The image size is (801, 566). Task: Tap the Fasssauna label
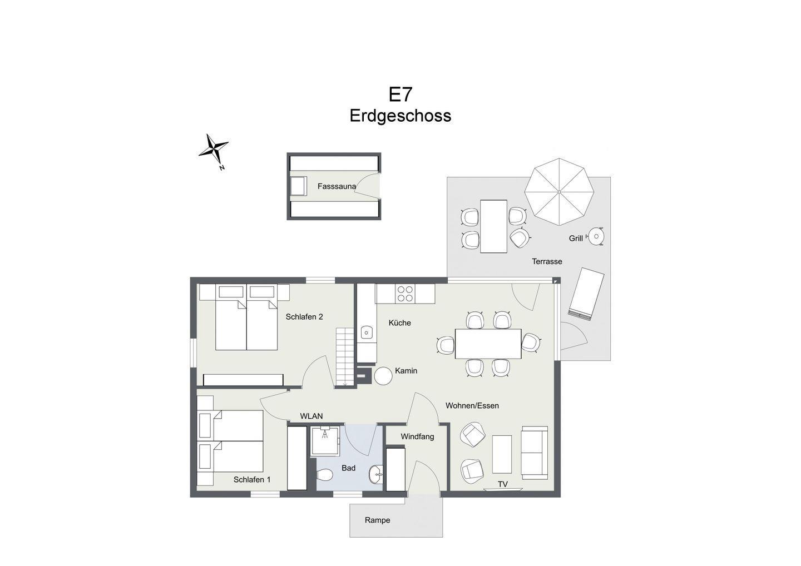point(337,186)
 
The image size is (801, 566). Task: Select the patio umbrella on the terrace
point(559,192)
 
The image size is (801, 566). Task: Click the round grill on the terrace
point(596,236)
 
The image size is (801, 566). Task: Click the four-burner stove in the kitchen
point(405,294)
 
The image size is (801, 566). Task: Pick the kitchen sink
point(366,332)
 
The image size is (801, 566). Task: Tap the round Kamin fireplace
point(383,376)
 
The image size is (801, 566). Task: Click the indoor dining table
point(488,344)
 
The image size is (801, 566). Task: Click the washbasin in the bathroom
point(376,474)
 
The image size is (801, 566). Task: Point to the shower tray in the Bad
point(325,440)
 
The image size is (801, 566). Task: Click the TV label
point(503,484)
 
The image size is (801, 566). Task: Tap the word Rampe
point(377,520)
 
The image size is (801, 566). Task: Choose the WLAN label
point(311,416)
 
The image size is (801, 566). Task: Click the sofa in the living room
point(535,453)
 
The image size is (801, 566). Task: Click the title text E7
point(400,95)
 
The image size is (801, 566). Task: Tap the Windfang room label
point(417,436)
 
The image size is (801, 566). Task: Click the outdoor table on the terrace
point(493,226)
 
